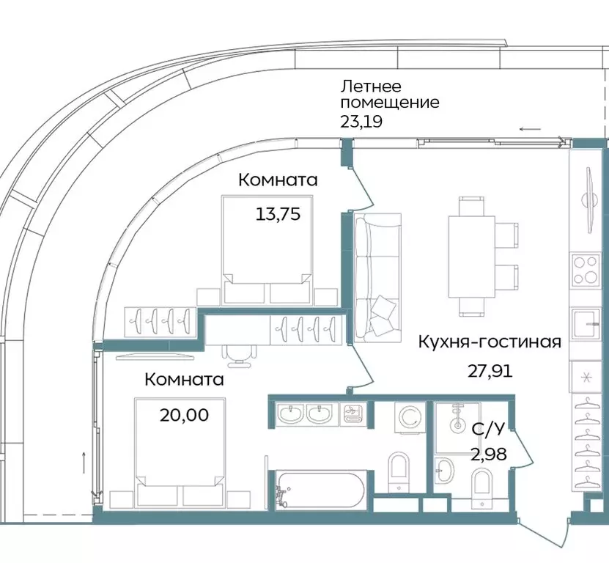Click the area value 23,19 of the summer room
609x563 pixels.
pos(361,121)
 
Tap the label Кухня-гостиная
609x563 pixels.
pos(490,342)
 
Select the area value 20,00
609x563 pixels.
pos(184,415)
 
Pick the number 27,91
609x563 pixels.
pos(490,370)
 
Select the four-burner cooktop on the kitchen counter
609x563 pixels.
pos(586,269)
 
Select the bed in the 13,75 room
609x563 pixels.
pos(266,249)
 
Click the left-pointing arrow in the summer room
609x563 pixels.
pos(531,129)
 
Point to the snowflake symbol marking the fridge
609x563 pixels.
pos(586,378)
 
